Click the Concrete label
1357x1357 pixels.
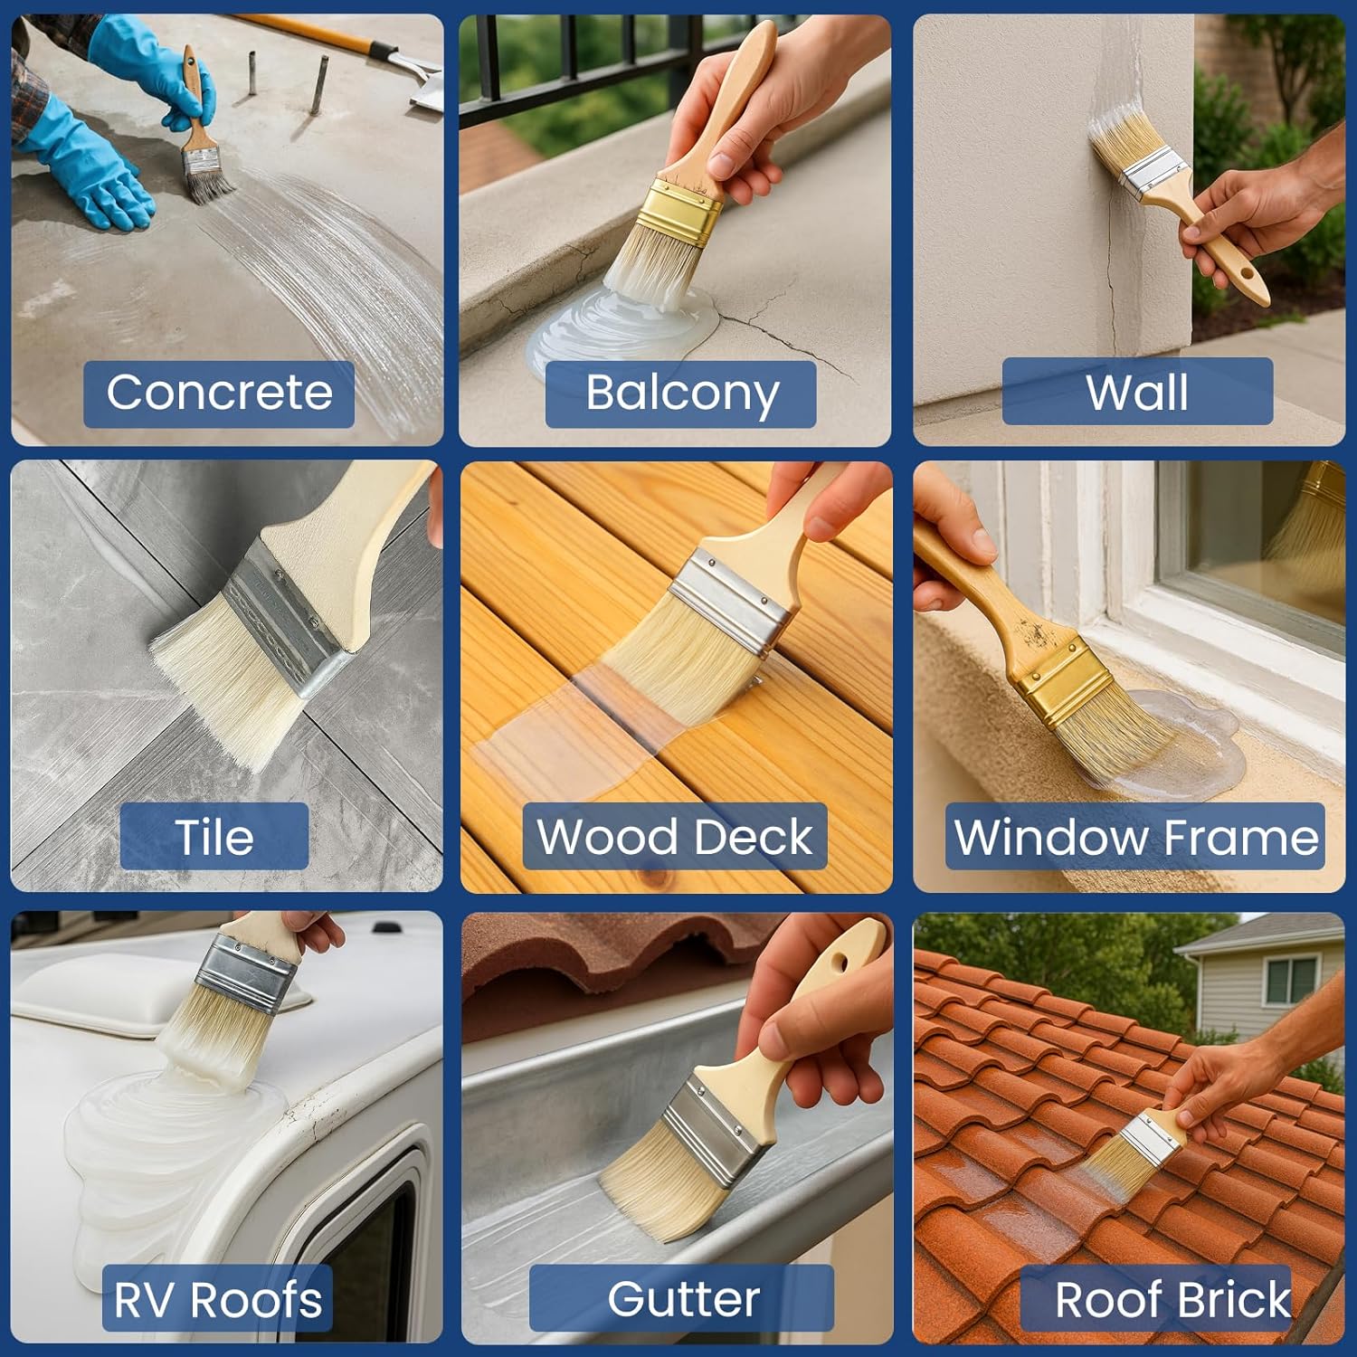(x=219, y=394)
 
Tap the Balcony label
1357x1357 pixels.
(x=681, y=394)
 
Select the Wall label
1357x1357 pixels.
(x=1137, y=392)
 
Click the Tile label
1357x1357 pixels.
(x=214, y=837)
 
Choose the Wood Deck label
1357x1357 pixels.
(x=675, y=837)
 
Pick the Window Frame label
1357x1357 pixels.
(x=1135, y=837)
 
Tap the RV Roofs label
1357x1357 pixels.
(x=217, y=1299)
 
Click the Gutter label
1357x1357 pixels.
(x=682, y=1298)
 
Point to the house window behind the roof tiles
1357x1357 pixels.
(x=1287, y=981)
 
